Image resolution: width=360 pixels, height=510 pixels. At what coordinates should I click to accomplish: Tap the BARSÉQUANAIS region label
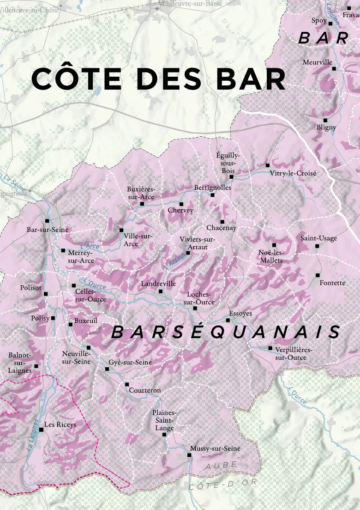[227, 332]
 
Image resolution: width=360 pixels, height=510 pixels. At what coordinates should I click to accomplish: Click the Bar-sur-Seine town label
[48, 230]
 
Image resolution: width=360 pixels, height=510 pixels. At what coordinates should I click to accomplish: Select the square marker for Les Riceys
[41, 430]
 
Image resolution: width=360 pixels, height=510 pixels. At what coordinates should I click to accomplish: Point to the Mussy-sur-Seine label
[215, 449]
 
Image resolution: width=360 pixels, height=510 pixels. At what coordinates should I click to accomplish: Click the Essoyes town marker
[228, 320]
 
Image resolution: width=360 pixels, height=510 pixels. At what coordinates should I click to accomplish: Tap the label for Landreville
[158, 284]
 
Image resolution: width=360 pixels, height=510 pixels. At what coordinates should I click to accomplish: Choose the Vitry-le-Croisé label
[294, 173]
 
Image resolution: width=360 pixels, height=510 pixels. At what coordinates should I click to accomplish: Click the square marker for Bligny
[325, 120]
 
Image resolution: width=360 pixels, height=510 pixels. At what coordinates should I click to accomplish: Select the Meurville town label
[318, 62]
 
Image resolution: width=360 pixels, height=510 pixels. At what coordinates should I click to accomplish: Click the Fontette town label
[332, 283]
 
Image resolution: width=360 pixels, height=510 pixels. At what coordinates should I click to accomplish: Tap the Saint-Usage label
[319, 238]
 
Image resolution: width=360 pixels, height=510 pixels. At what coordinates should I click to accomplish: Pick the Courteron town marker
[126, 384]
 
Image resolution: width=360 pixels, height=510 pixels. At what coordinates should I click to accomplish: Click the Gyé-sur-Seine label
[130, 363]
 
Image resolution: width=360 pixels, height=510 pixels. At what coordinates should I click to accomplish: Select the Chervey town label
[180, 211]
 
